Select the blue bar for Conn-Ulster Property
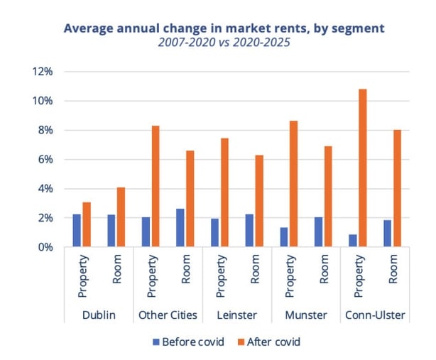click(x=353, y=241)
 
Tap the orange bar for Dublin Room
click(x=121, y=217)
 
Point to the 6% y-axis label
click(x=45, y=160)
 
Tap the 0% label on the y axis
click(x=45, y=247)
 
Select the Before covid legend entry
click(x=187, y=342)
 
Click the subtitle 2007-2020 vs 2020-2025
click(x=225, y=43)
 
